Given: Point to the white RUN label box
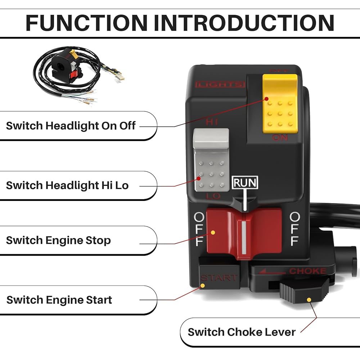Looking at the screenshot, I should [x=245, y=183].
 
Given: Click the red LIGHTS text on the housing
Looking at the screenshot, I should [x=220, y=85].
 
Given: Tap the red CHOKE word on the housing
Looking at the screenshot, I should [x=307, y=271].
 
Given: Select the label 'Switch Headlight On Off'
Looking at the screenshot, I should [x=71, y=126].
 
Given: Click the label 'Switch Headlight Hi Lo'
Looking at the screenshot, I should [x=67, y=185].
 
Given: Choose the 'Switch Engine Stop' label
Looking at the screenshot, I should [x=58, y=240].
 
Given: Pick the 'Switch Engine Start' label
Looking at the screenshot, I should [x=59, y=300].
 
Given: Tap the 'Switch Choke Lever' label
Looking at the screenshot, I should [x=242, y=332].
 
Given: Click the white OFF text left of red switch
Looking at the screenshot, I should [x=199, y=229].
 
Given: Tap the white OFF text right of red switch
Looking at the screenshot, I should [x=295, y=229].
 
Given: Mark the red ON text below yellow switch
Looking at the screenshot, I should [x=280, y=138].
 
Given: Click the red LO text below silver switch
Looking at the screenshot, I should [x=212, y=197].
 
